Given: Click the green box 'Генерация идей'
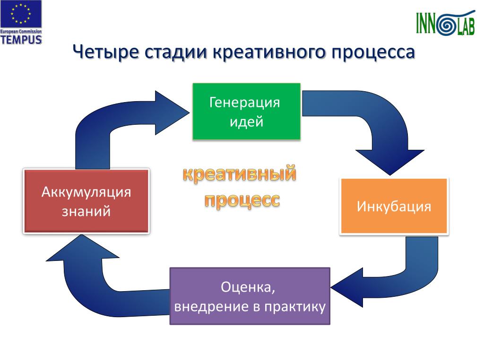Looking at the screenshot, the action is coord(246,112).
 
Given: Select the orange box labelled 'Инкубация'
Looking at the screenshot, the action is coord(394,206).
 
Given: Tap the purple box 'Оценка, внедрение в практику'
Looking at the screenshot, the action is coord(250,296).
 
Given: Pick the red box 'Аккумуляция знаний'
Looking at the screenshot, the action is coord(86,200).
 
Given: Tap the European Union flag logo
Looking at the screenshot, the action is coord(21,14).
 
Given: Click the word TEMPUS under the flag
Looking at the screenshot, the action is coord(21,40).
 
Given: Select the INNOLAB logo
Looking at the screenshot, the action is coord(445,23).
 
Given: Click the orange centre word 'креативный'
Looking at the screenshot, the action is coord(240,173).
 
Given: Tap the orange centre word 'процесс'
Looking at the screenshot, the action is coord(242,200).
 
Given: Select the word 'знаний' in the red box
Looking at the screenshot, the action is coord(86,211).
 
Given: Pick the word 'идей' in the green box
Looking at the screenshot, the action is coord(246,121).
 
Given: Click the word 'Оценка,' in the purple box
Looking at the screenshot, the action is coord(248,287).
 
